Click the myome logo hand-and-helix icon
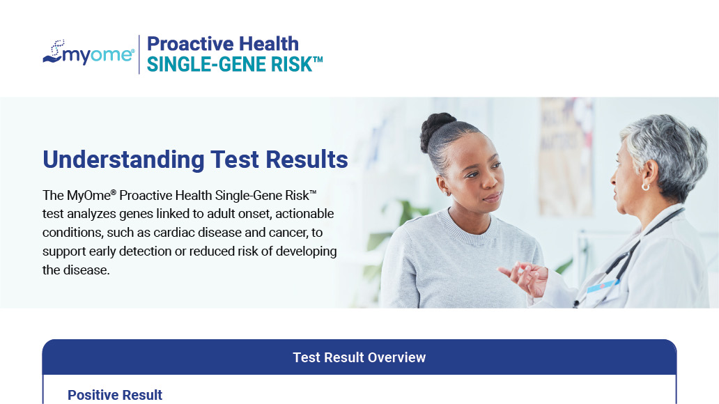point(53,52)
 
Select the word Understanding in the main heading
point(123,160)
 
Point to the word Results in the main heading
point(307,160)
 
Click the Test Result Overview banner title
point(359,357)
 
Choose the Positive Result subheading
point(115,395)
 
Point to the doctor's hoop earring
point(646,187)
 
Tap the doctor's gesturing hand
point(525,277)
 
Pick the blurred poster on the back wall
point(566,156)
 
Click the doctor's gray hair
point(667,151)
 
